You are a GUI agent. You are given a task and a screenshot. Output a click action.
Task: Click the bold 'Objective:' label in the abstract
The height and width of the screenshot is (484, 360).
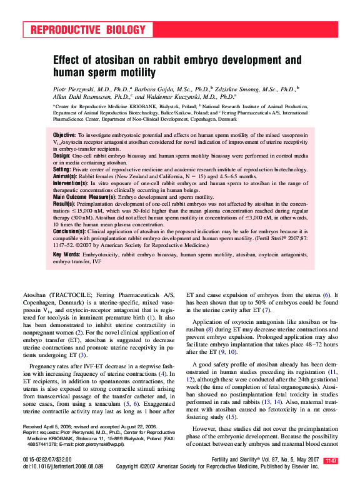click(x=64, y=135)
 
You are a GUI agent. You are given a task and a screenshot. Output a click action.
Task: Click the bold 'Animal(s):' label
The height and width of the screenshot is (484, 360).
click(x=66, y=176)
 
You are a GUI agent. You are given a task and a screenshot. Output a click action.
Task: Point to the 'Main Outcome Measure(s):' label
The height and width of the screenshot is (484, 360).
click(x=85, y=197)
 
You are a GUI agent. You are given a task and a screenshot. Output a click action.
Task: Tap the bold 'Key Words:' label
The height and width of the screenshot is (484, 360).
click(x=66, y=255)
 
